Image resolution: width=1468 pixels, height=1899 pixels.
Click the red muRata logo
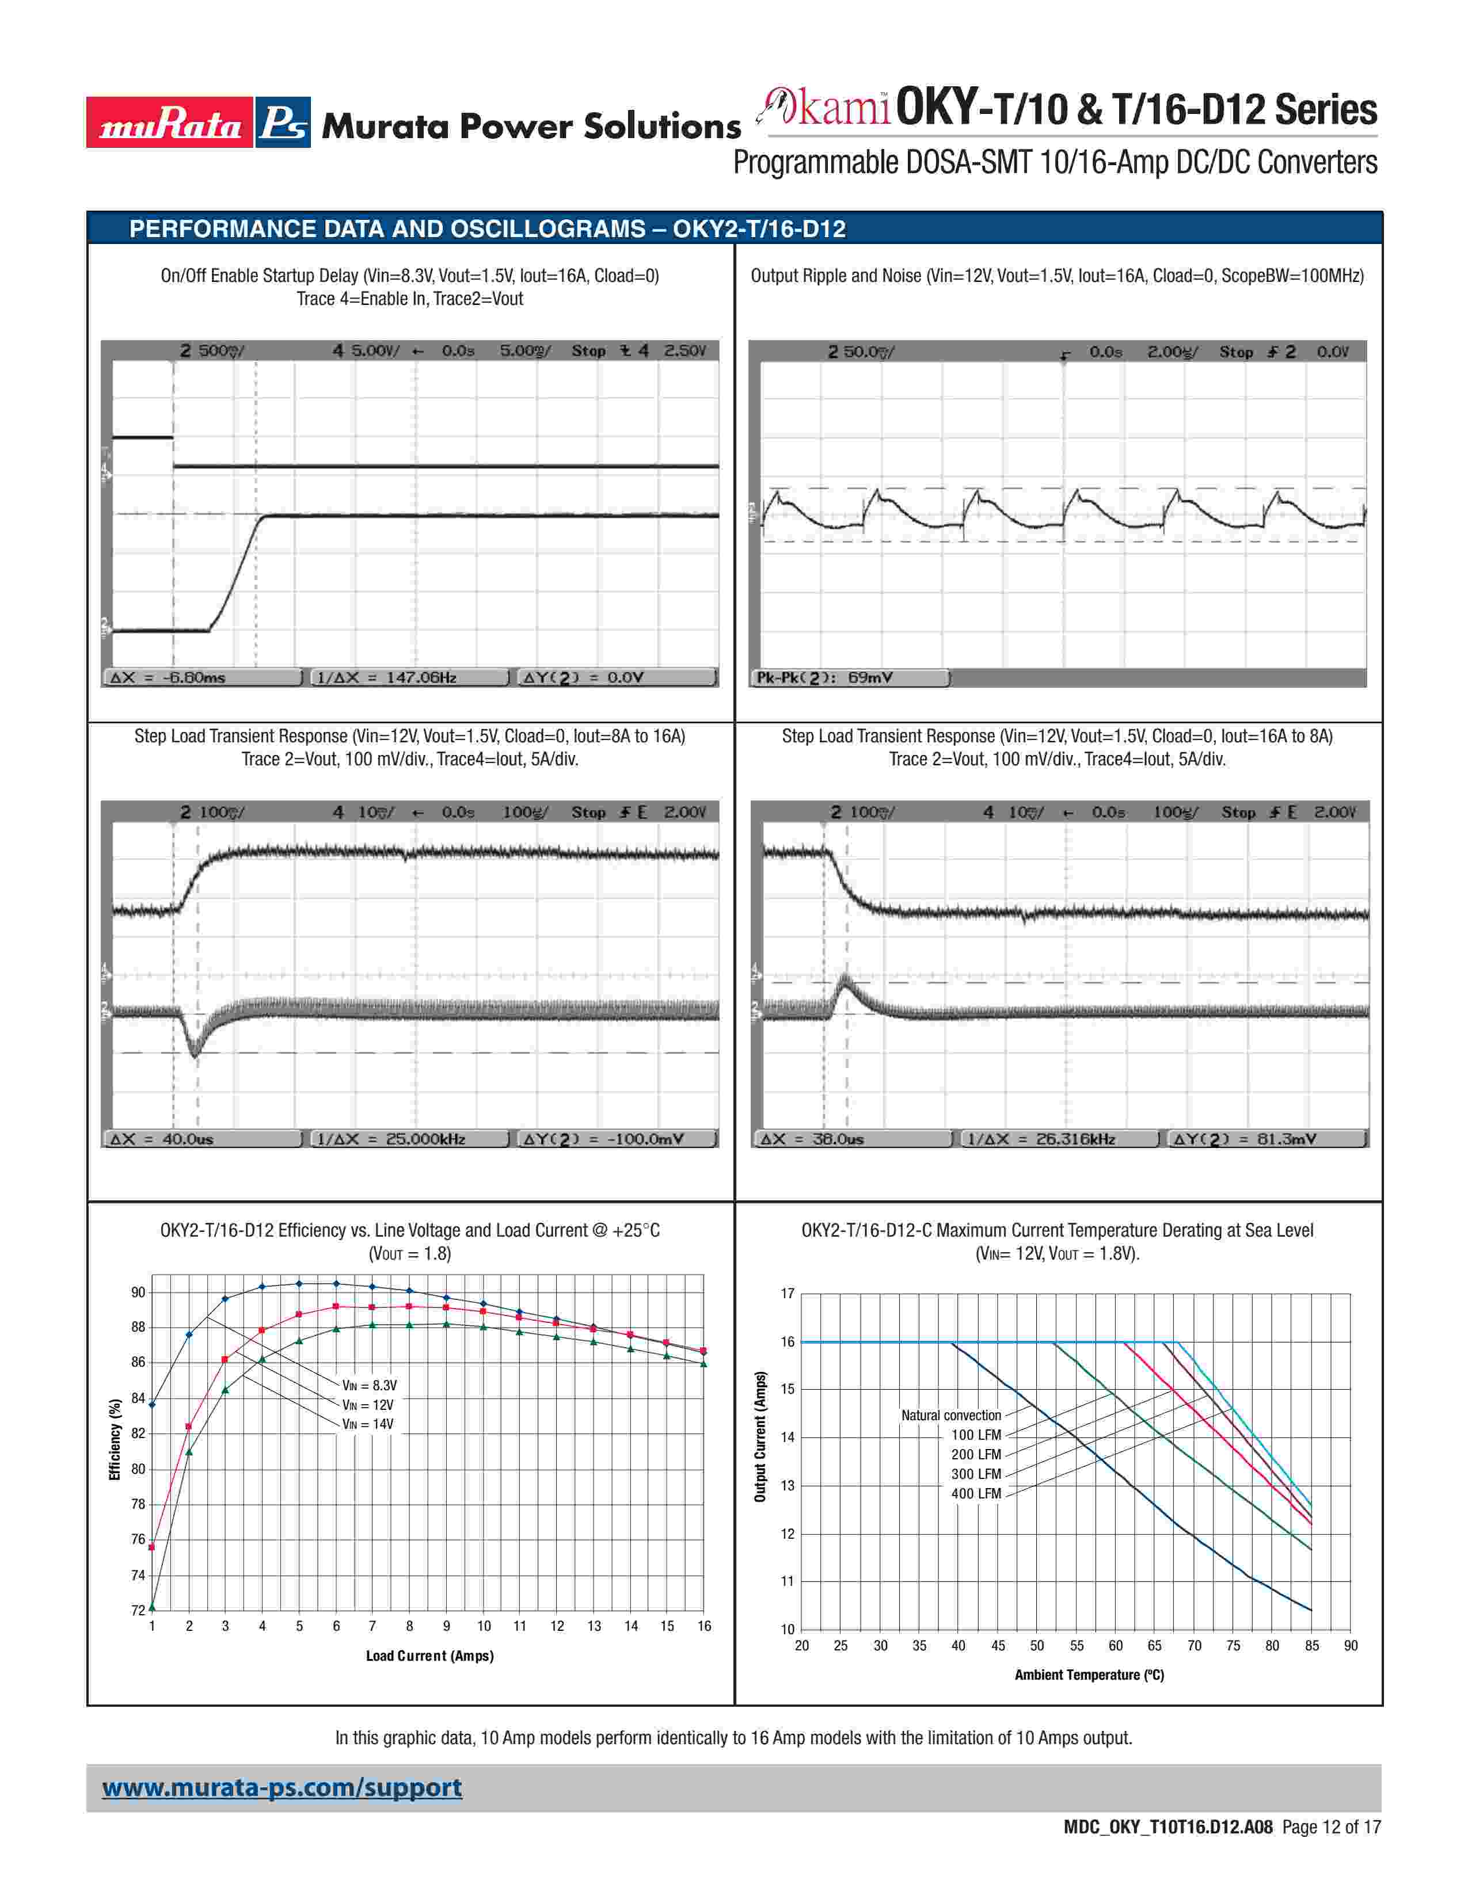[170, 123]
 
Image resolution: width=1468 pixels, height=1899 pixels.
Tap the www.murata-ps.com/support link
[282, 1789]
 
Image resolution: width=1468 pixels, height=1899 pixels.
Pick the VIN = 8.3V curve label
[369, 1385]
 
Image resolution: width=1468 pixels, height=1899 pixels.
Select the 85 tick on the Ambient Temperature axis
[1311, 1646]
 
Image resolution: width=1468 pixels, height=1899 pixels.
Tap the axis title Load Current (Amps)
[429, 1656]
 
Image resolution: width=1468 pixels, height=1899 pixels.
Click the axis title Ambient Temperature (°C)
[1089, 1675]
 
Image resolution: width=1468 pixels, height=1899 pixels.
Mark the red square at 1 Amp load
[152, 1547]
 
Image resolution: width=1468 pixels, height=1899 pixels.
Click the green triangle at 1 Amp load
[152, 1606]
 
